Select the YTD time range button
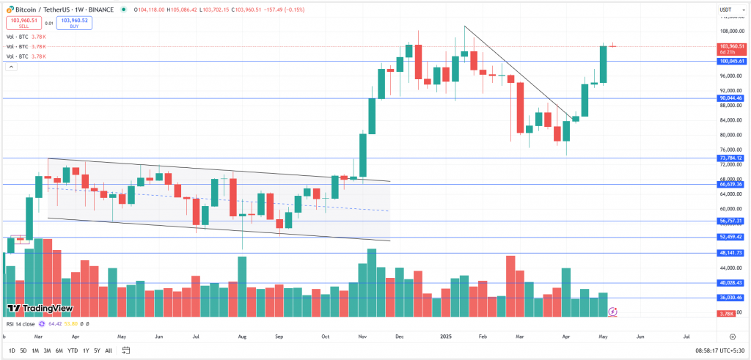73,350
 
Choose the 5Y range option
97,350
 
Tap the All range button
109,350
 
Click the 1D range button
12,350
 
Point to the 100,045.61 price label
731,62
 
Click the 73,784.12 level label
731,158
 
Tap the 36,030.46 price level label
731,298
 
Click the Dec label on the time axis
400,336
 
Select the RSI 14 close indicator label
22,323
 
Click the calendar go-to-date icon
126,350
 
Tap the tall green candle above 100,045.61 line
604,64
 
